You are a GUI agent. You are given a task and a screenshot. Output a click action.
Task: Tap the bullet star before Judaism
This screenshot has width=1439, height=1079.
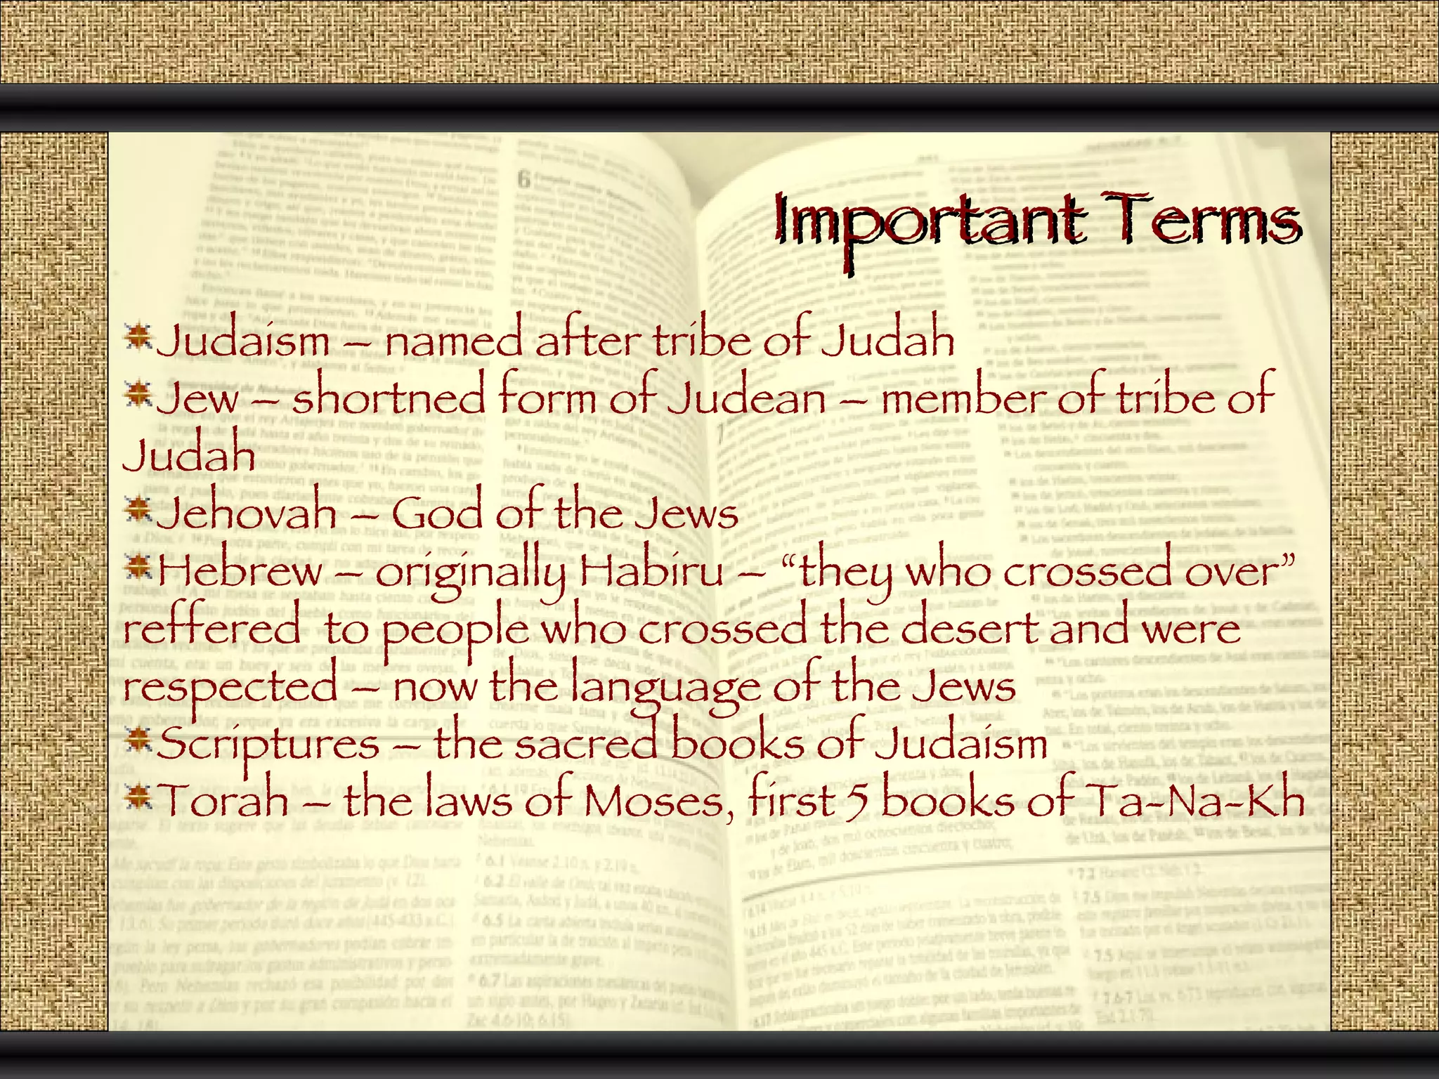click(x=138, y=336)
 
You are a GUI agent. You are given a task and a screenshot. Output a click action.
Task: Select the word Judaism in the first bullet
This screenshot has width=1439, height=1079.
click(x=243, y=341)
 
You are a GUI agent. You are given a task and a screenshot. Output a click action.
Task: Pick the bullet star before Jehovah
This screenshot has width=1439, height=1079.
click(x=138, y=509)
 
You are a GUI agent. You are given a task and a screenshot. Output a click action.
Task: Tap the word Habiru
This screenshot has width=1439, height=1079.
click(x=651, y=570)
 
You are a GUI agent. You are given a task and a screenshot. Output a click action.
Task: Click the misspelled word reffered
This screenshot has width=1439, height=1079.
click(x=211, y=627)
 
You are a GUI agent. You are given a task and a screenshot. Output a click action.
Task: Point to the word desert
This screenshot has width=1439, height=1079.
click(x=969, y=627)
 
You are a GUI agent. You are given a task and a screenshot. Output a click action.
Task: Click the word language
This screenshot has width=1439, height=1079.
click(x=664, y=686)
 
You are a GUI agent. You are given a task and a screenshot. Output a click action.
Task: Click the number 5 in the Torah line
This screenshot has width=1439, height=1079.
click(x=856, y=802)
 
